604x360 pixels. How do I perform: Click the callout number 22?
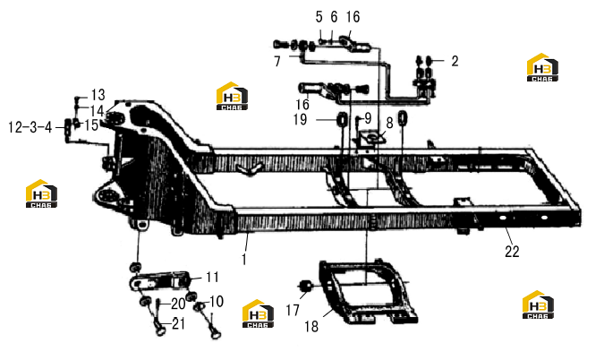512,252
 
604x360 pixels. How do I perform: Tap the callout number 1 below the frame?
244,260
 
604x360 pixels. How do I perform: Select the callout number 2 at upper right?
455,61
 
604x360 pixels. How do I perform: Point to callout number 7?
277,61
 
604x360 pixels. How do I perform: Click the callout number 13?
98,95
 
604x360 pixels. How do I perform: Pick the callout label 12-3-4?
30,127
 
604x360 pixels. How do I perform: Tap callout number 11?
213,277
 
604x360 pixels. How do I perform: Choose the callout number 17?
293,310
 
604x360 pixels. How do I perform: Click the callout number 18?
311,327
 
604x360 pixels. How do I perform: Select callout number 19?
300,119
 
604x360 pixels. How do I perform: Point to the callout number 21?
178,324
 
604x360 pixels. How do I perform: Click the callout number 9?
368,118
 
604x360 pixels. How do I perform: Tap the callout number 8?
389,123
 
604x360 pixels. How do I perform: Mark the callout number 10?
217,302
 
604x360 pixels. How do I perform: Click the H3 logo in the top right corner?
542,67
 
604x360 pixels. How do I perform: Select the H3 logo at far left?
41,193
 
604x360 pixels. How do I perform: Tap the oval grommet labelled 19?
342,119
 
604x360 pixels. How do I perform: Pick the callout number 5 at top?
319,17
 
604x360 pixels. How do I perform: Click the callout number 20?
178,304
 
